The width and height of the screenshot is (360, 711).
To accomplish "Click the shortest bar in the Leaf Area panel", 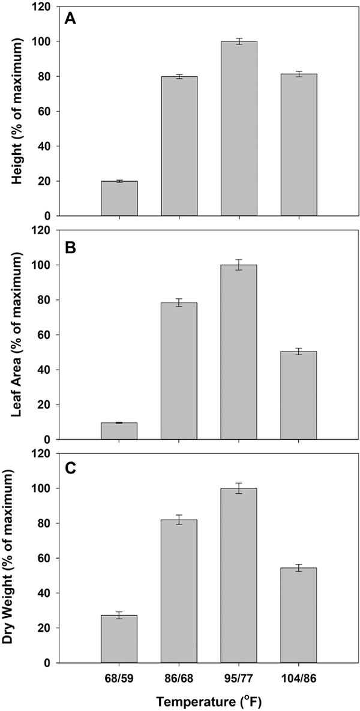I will coord(119,431).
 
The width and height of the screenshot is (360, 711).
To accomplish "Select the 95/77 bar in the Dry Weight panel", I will coord(239,575).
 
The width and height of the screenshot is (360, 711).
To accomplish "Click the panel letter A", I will coord(70,19).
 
